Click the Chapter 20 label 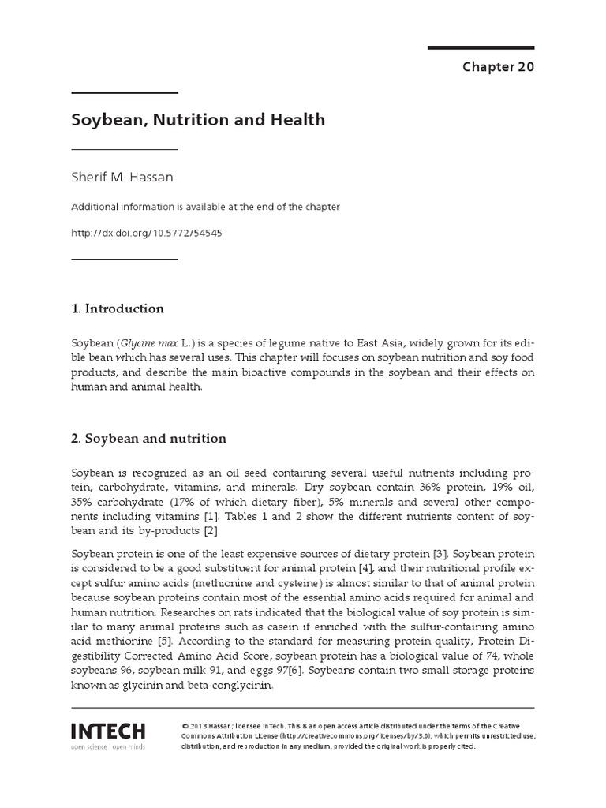(498, 67)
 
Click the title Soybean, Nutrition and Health (198, 121)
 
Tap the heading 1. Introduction (118, 309)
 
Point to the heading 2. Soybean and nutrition (148, 438)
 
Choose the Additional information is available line (205, 207)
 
